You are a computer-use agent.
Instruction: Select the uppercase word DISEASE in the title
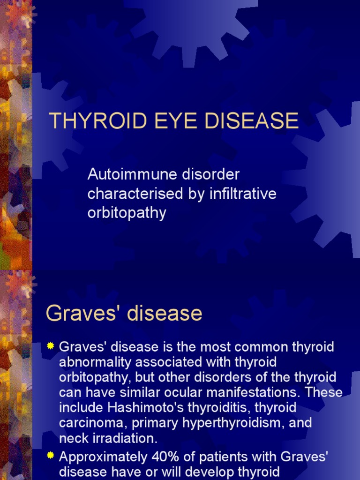[246, 121]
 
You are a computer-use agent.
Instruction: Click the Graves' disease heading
[124, 314]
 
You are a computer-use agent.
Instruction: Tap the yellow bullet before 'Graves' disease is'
[51, 346]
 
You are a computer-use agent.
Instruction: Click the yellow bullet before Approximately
[51, 455]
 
